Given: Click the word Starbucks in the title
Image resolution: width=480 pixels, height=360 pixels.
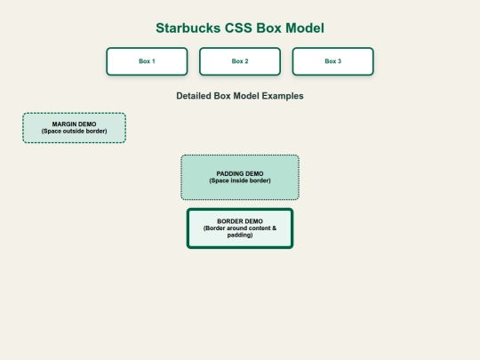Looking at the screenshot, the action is coord(188,28).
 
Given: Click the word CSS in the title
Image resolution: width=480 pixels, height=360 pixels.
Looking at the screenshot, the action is coord(238,28).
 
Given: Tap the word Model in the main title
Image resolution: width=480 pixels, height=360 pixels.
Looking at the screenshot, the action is coord(305,28).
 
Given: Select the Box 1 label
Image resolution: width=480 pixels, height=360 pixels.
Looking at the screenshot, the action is coord(147,61).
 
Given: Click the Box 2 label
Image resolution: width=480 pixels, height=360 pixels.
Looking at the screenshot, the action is coord(240,61).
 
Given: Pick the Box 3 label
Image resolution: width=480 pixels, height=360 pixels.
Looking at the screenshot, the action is coord(333,61).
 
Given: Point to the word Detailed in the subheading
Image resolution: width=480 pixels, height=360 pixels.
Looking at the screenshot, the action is coord(194,96).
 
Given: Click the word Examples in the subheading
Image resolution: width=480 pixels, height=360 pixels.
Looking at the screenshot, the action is coord(283,96).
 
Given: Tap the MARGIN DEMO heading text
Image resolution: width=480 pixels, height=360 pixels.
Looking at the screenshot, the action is coord(74,124).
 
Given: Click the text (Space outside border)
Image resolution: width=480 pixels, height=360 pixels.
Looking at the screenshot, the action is coord(74,131).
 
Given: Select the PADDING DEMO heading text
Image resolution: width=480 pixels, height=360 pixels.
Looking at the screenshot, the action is coord(240,173).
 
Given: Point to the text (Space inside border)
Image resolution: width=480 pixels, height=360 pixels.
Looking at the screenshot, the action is coord(240,180).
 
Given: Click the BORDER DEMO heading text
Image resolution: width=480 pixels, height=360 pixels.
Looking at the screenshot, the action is coord(240,221).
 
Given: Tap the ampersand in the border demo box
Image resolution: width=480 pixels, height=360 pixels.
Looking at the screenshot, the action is coord(274,228).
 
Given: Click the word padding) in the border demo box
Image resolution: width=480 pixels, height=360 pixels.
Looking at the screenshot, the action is coord(240,235).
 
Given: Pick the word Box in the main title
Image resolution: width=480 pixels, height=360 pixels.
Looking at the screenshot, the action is coord(269,28).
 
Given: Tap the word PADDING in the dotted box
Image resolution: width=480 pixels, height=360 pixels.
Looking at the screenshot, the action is coord(230,173).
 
